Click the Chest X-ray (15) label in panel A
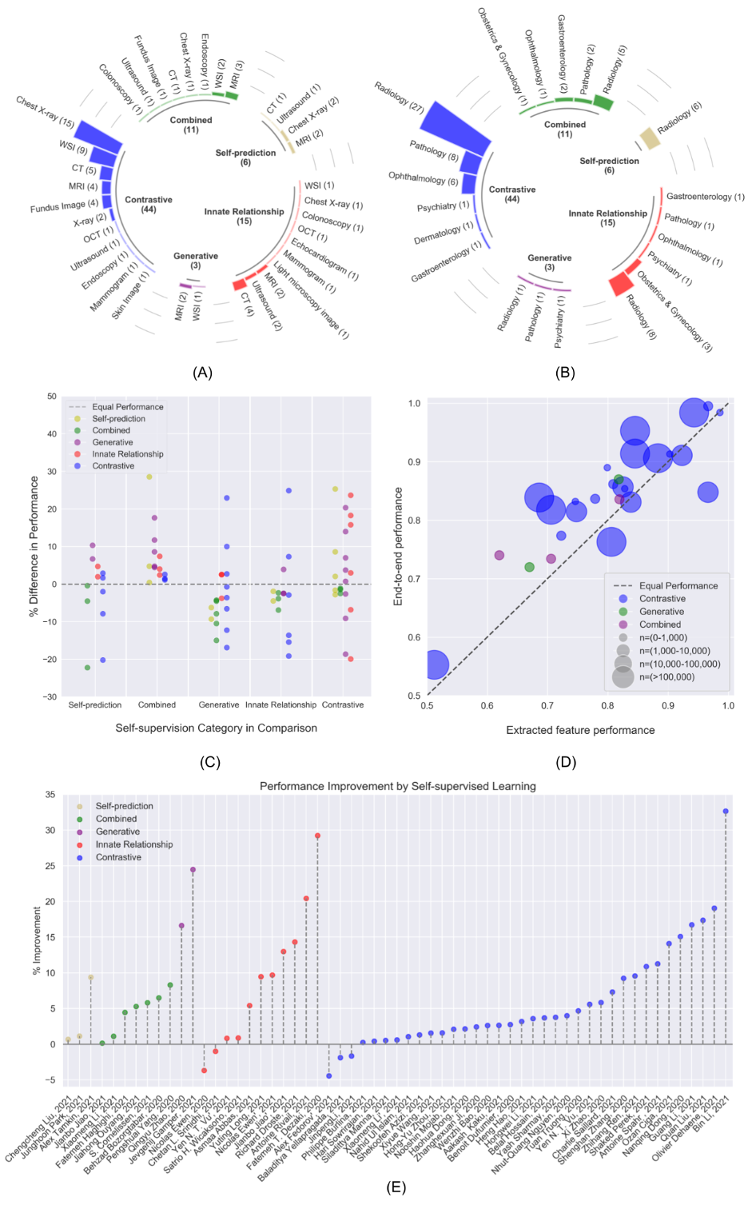45,113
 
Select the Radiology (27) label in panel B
399,97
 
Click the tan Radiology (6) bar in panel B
650,138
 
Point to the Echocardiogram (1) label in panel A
324,259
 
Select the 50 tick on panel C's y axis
52,397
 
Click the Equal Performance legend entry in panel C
127,407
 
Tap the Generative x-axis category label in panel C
219,705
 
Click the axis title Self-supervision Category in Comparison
216,728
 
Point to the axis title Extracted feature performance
580,730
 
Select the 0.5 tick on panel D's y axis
414,696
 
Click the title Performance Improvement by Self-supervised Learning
397,786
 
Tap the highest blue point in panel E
726,812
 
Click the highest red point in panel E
317,836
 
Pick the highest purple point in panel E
193,870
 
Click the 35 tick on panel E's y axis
50,795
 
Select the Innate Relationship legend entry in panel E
133,844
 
